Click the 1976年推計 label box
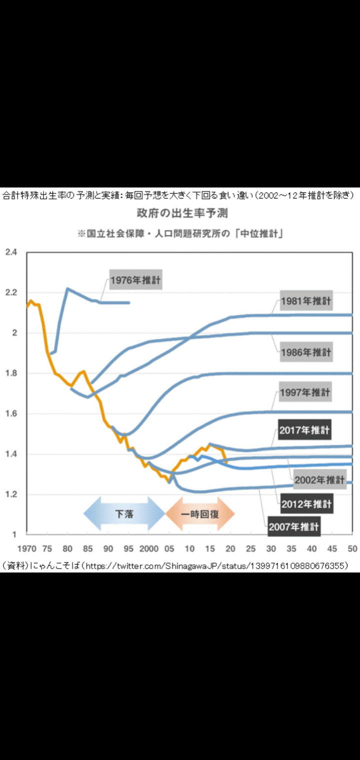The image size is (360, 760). (x=135, y=280)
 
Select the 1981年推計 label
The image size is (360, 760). (x=305, y=301)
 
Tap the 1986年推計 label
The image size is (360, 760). (x=305, y=352)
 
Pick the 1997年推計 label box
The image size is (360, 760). (x=305, y=392)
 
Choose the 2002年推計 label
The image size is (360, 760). (x=319, y=480)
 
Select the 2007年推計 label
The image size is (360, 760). (x=293, y=526)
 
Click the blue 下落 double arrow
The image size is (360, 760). (x=124, y=513)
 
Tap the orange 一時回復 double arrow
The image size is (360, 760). (x=200, y=513)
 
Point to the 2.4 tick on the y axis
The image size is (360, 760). (x=11, y=252)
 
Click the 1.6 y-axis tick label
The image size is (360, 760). (x=11, y=413)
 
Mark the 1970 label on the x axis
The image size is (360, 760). (x=27, y=548)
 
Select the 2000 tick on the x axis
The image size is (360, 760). (x=149, y=548)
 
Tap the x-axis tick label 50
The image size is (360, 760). (x=352, y=548)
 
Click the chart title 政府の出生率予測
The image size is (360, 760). (x=182, y=213)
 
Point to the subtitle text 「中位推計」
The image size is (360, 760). (x=260, y=234)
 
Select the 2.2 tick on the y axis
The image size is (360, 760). (x=11, y=292)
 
